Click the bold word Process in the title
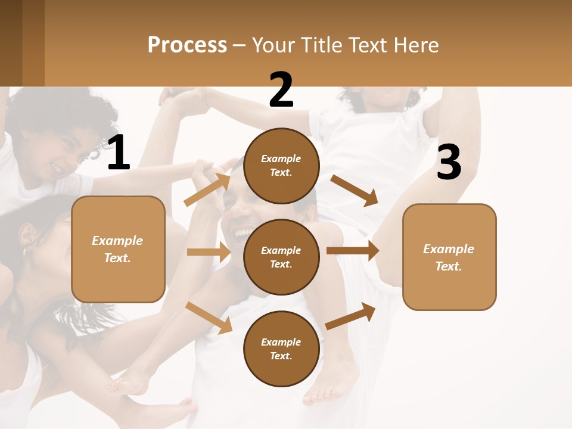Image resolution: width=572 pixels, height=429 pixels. tap(187, 45)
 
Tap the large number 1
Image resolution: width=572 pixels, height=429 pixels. tap(119, 153)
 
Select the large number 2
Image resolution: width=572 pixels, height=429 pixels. tap(281, 90)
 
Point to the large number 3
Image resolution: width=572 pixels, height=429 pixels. tap(449, 163)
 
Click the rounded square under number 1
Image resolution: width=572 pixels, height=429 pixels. tap(118, 249)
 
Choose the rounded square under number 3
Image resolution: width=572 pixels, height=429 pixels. tap(449, 257)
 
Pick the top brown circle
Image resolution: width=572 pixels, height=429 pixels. tap(281, 166)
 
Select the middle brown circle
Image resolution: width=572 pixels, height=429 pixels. tap(281, 257)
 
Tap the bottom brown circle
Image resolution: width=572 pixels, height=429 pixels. tap(281, 349)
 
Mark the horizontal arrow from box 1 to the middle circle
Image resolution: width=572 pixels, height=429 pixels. tap(208, 252)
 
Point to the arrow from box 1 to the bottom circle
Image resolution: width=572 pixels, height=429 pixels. tap(209, 318)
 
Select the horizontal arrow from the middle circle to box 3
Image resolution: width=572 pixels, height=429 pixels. tap(352, 251)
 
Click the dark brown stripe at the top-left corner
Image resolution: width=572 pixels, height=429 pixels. tap(11, 43)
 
